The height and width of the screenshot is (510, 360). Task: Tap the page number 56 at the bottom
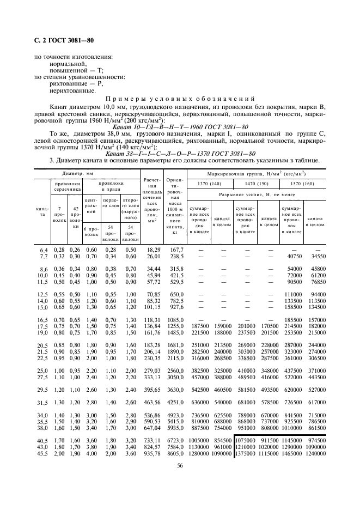point(179,465)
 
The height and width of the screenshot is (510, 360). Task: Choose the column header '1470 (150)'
point(257,184)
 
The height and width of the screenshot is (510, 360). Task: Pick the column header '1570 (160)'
point(303,184)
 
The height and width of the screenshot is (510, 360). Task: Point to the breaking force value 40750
point(294,256)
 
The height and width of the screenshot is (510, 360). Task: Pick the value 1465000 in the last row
point(292,452)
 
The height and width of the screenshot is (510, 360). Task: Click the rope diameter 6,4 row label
point(44,249)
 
